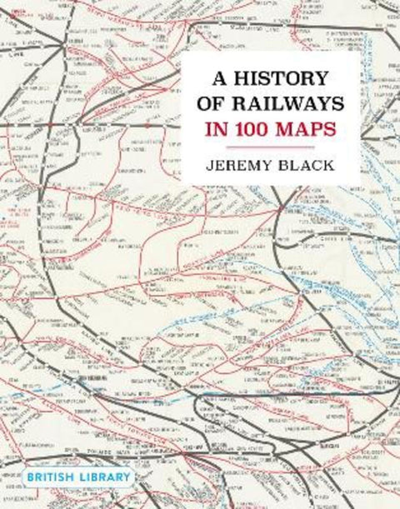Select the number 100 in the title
[x=259, y=131]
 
